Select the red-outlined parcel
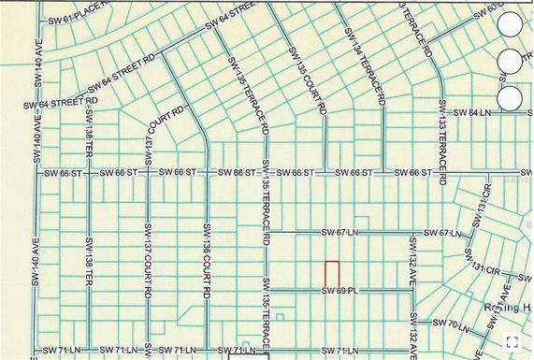point(331,275)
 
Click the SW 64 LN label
point(474,113)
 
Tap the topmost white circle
point(511,26)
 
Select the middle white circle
point(511,62)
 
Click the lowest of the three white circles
point(511,97)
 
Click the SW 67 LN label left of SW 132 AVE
point(338,232)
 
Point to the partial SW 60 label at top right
point(485,10)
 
